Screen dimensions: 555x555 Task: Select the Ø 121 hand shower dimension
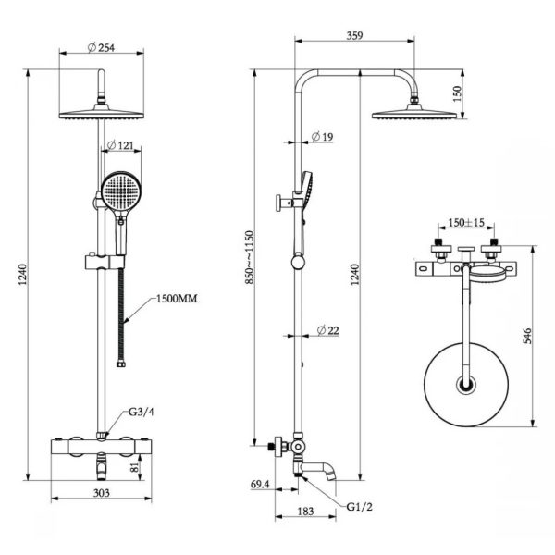pos(123,145)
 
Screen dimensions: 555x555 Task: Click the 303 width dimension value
pos(103,493)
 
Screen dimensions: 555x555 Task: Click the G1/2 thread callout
pos(361,507)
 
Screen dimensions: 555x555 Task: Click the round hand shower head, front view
pos(119,191)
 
